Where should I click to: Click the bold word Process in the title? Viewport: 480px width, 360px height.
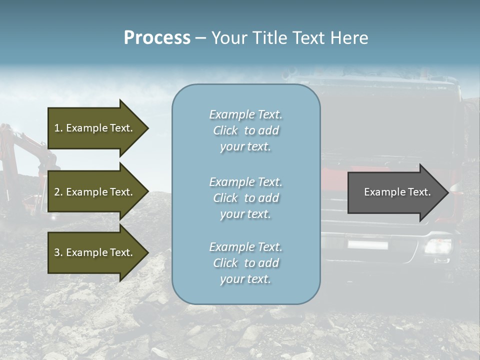(157, 38)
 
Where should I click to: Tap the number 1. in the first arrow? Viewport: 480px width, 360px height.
(58, 128)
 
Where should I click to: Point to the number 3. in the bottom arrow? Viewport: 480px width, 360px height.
(58, 252)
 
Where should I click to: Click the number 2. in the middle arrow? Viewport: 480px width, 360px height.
(58, 192)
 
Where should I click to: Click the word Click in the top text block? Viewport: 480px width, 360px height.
(225, 130)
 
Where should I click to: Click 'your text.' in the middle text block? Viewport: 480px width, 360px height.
(245, 214)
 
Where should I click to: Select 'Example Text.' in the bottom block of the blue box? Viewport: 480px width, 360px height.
(245, 247)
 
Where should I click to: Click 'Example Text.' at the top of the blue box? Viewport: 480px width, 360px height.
(245, 114)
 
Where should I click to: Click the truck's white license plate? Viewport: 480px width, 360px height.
(367, 244)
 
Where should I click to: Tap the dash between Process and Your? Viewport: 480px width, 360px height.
(200, 38)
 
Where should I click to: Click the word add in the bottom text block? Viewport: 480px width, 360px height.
(268, 263)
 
